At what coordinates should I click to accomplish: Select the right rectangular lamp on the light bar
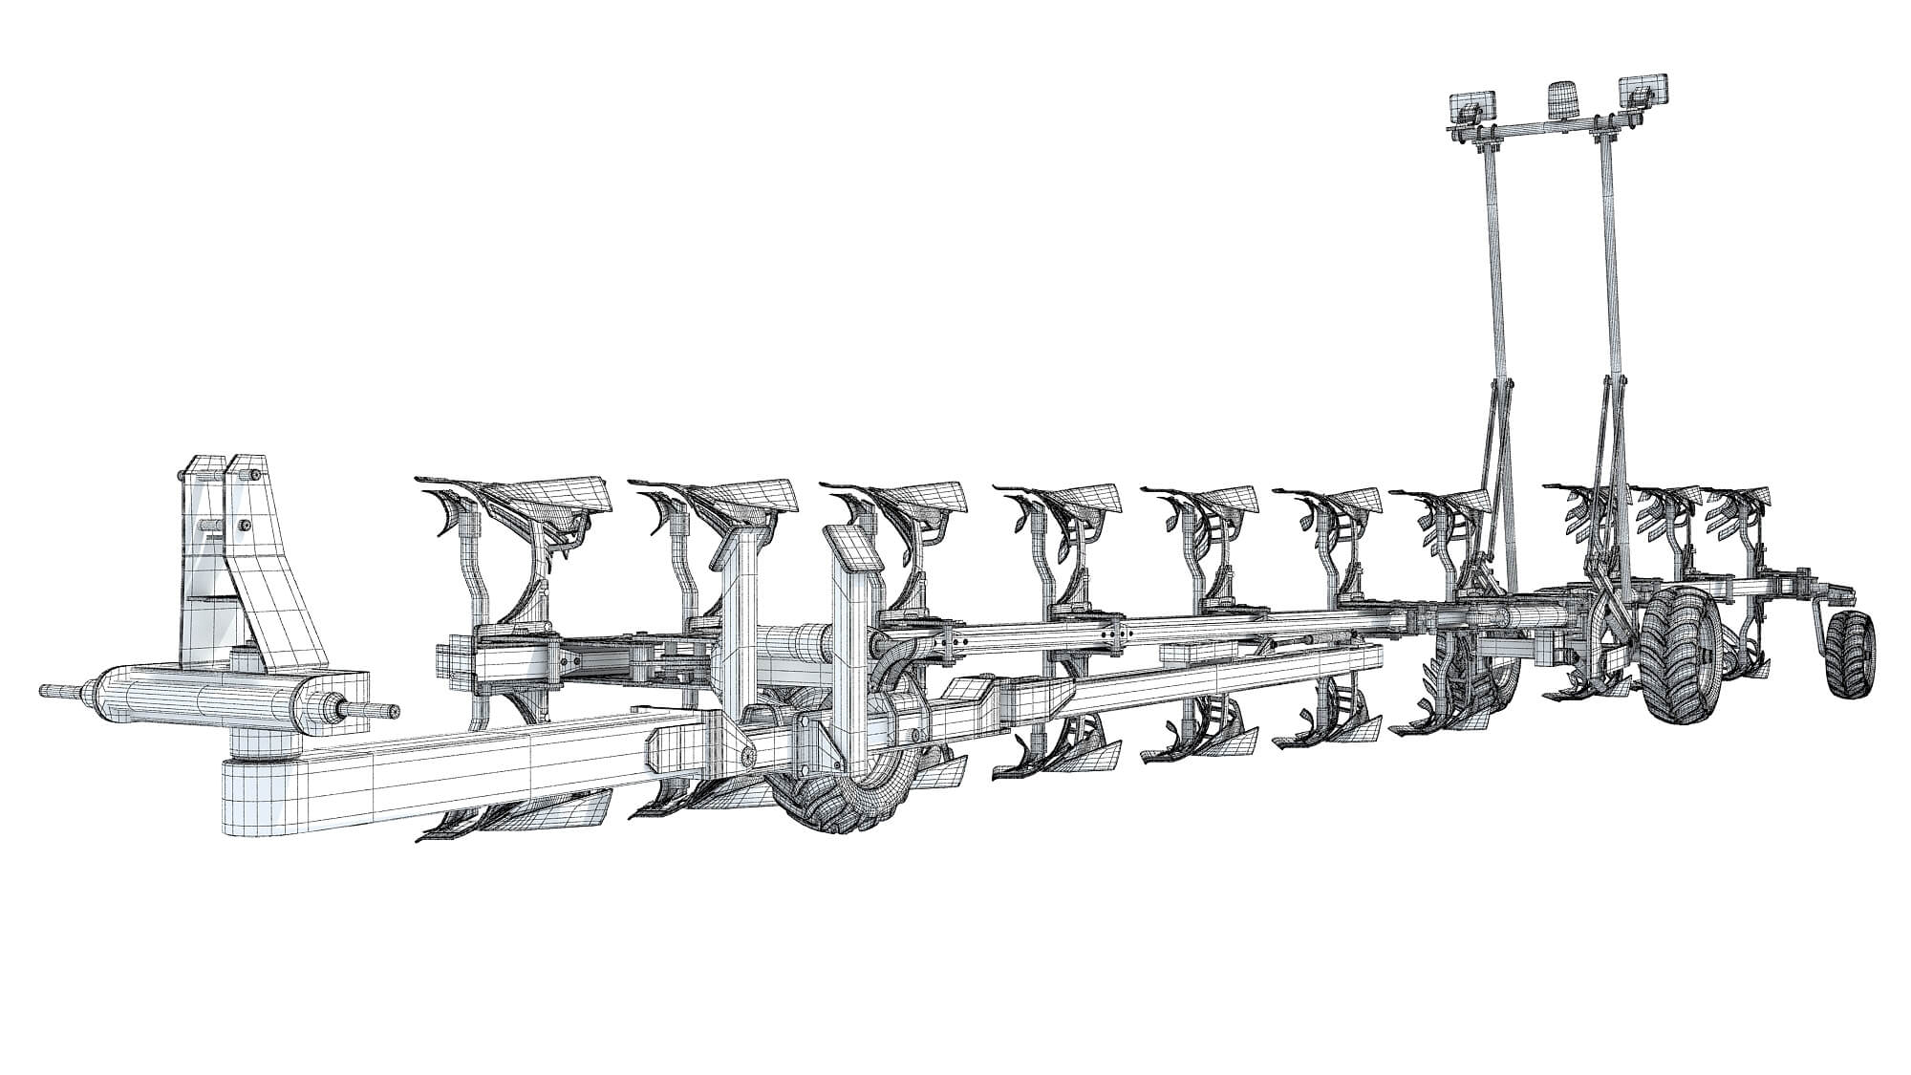point(1643,91)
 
